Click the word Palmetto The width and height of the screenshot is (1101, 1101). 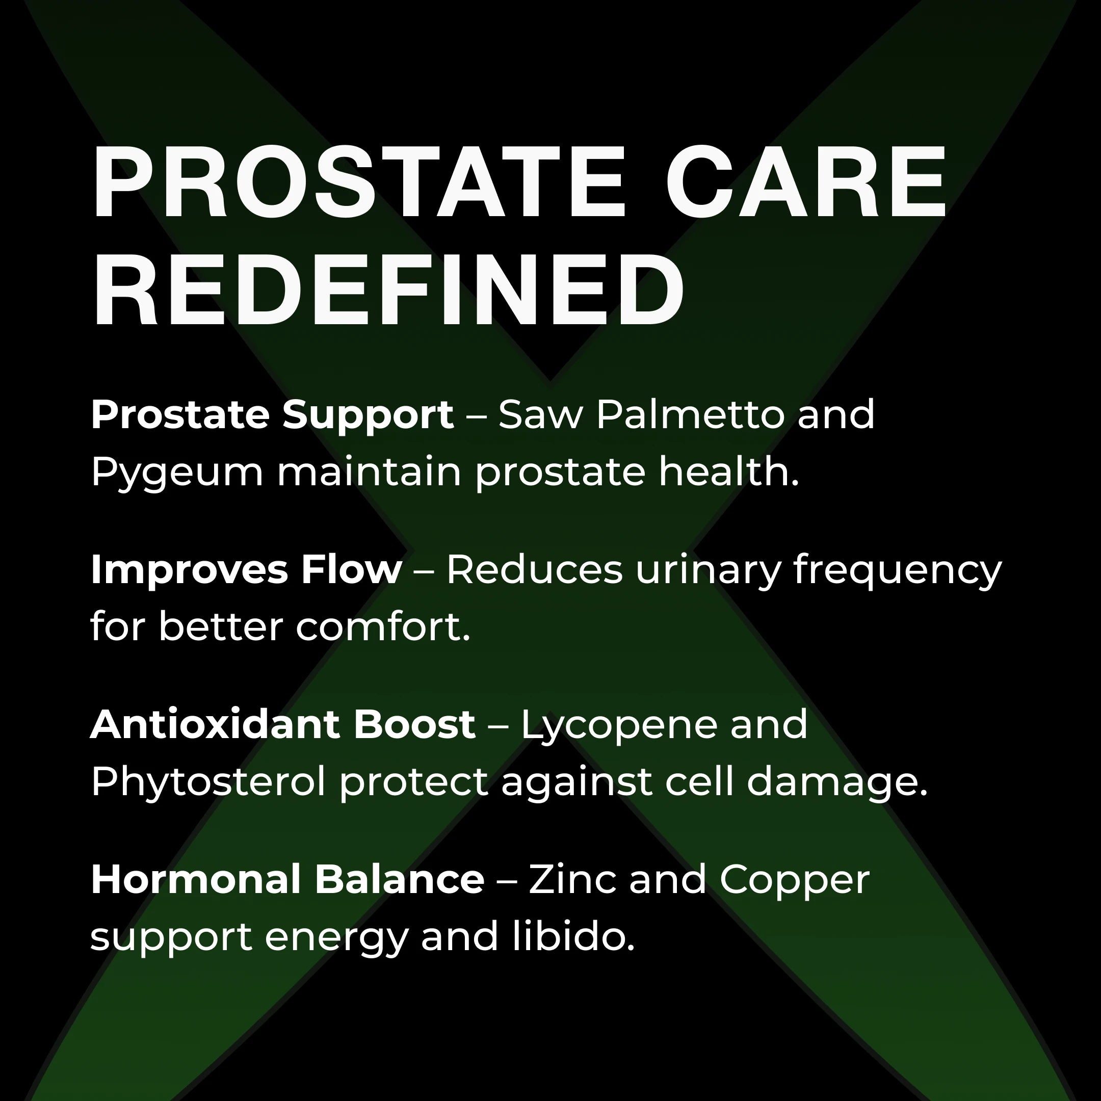690,414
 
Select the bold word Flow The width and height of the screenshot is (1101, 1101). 351,569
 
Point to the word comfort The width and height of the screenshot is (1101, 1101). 382,627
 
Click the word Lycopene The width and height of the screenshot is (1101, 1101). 619,725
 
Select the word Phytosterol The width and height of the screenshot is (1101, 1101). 207,782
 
